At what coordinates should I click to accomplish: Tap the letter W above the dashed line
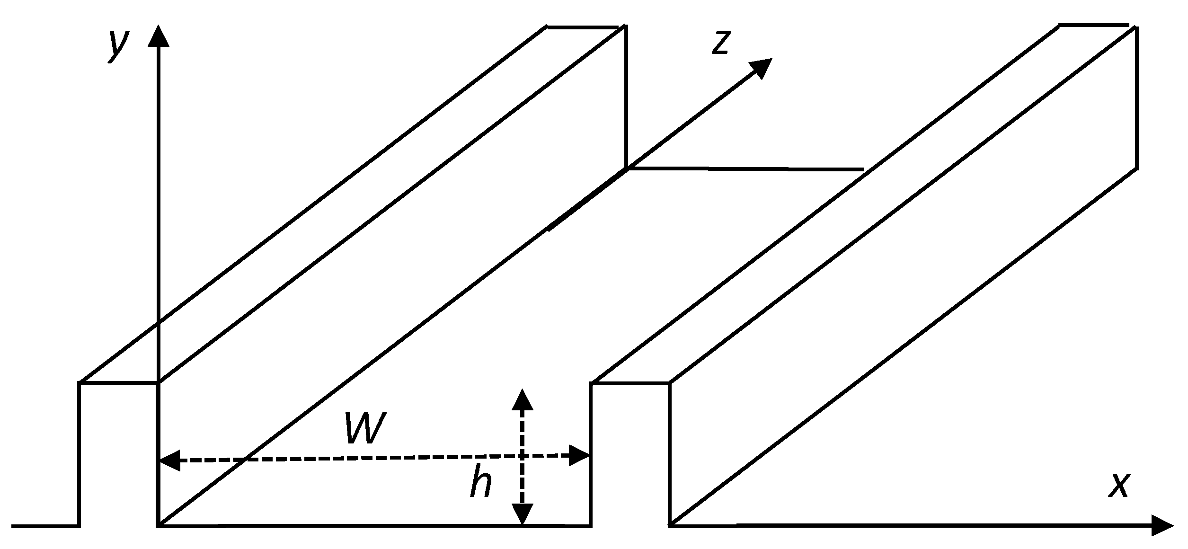[x=365, y=428]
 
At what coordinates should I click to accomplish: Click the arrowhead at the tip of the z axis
[x=761, y=68]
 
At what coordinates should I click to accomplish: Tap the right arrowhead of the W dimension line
[x=579, y=455]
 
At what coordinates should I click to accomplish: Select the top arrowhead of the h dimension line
[x=522, y=399]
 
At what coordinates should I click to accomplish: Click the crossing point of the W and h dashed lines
[x=522, y=456]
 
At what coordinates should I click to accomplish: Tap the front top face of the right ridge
[x=630, y=383]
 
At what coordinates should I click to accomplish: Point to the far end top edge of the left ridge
[x=582, y=27]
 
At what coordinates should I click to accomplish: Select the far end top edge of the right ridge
[x=1093, y=25]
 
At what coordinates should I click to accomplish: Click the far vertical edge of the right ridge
[x=1136, y=97]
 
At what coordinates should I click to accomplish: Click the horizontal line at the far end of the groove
[x=745, y=168]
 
